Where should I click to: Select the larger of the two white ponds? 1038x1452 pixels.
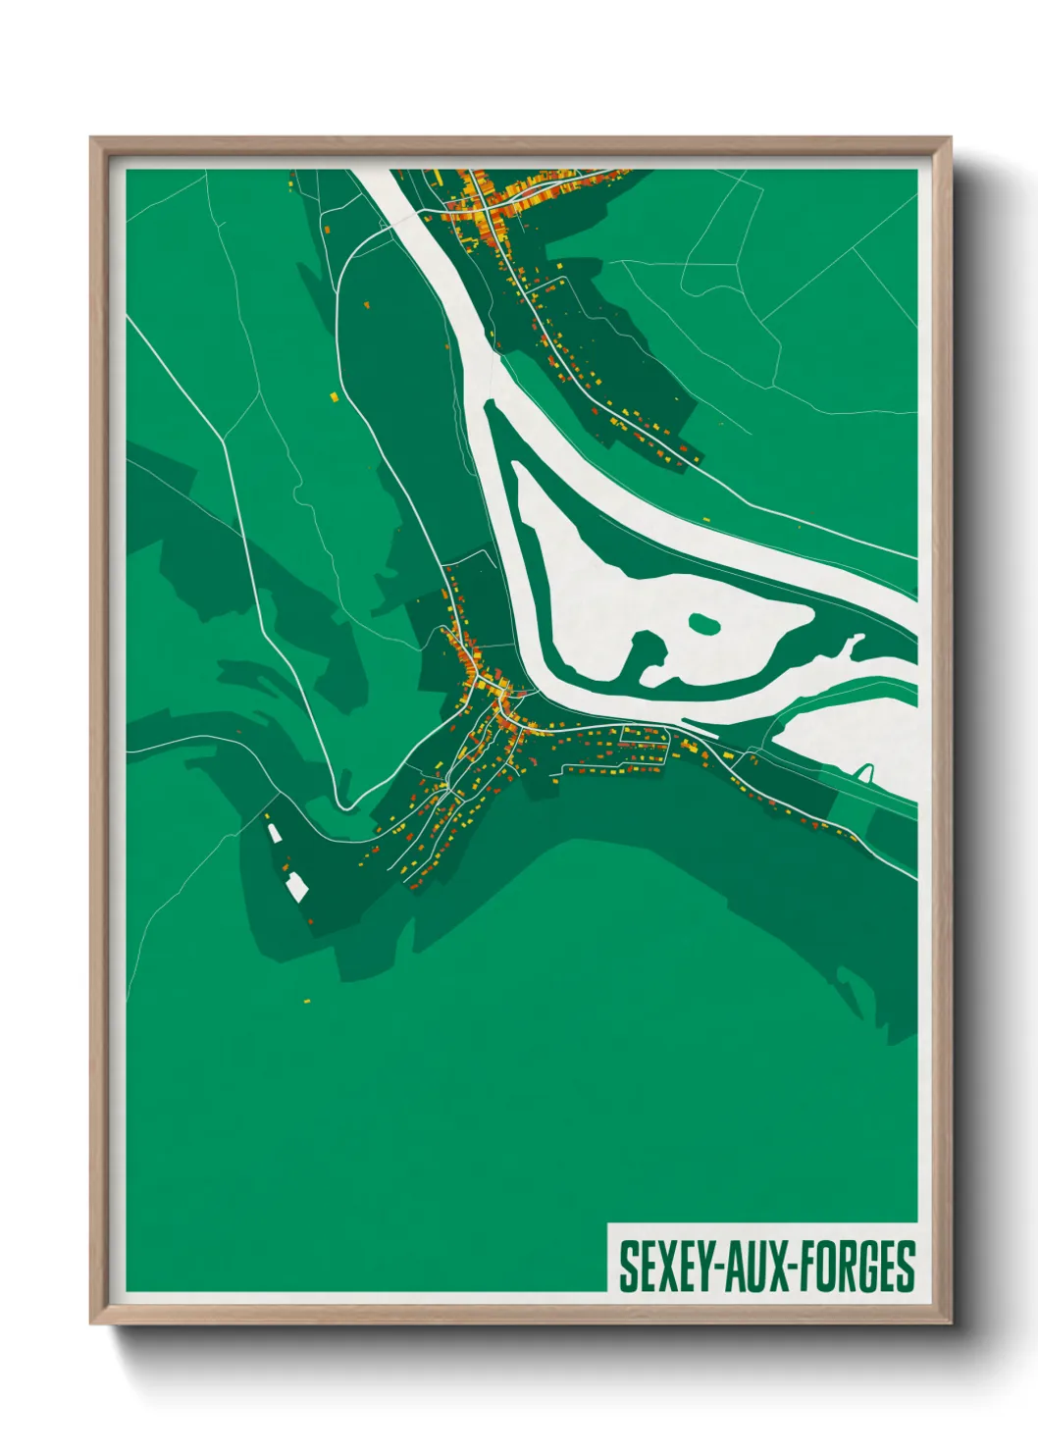(x=295, y=887)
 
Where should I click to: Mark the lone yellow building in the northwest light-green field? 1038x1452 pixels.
(x=334, y=396)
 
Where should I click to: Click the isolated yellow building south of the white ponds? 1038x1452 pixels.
(x=306, y=1001)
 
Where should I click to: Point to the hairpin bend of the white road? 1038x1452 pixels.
(x=343, y=806)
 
